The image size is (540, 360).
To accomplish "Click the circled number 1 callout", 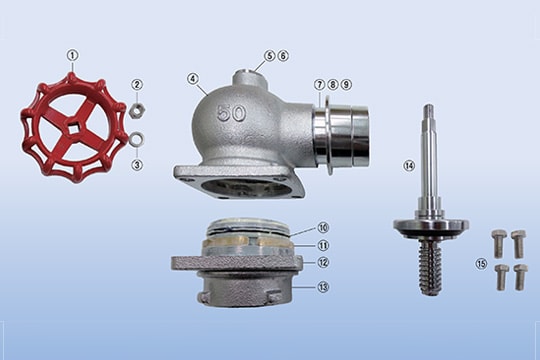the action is click(73, 55).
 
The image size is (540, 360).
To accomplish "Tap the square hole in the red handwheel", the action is click(74, 129).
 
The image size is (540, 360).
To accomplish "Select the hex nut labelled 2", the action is click(137, 110).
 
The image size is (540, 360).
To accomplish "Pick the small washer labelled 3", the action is click(137, 139).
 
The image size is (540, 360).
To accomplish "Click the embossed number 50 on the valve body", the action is click(231, 113).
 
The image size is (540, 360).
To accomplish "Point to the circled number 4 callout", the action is click(193, 79).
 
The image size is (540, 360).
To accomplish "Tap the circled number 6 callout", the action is click(283, 55).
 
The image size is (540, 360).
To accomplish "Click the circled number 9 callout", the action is click(346, 84).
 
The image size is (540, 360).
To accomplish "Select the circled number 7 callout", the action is click(319, 84).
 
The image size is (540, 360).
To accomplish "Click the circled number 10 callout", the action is click(323, 228).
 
